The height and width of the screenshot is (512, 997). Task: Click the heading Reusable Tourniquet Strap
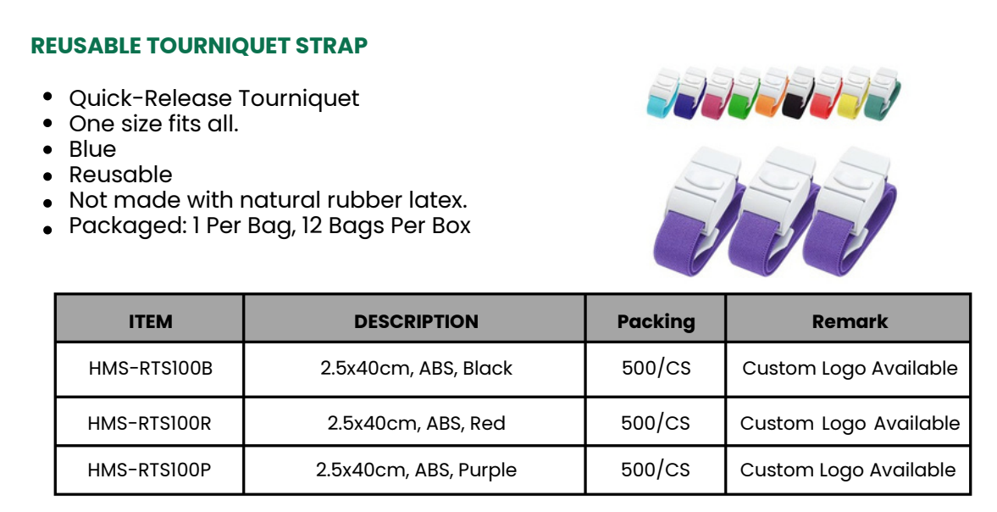tap(199, 46)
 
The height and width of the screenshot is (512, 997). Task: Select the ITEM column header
tap(150, 321)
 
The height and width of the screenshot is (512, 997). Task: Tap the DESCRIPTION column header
tap(416, 321)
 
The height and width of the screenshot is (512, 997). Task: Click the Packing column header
tap(656, 322)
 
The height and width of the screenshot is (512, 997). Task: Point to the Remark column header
tap(850, 321)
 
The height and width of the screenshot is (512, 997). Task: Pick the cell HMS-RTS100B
tap(150, 368)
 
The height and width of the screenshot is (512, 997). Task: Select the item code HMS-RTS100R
tap(149, 423)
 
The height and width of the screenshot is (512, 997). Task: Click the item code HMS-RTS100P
tap(149, 470)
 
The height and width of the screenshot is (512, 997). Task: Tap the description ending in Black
tap(416, 368)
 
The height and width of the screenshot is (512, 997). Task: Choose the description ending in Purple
tap(416, 470)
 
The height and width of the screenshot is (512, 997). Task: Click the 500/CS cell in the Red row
tap(656, 423)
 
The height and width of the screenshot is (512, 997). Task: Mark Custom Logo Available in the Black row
tap(850, 369)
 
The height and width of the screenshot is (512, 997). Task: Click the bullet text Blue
tap(93, 149)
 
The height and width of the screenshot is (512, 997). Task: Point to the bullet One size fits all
tap(154, 124)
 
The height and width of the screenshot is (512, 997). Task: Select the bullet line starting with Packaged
tap(269, 225)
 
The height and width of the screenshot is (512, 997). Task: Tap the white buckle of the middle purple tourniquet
tap(779, 186)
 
